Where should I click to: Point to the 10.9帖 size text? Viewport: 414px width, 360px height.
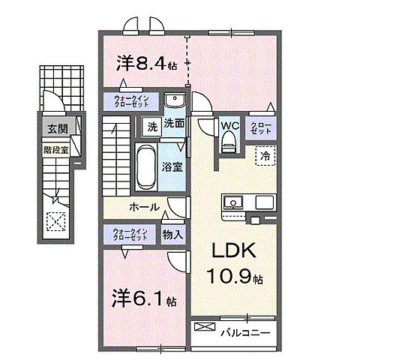(x=235, y=277)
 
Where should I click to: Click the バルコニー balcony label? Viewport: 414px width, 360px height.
(x=245, y=328)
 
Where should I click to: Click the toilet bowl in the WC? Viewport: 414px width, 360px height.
(x=229, y=142)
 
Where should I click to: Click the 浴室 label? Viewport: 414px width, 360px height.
(x=172, y=166)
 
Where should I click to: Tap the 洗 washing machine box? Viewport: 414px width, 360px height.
(x=152, y=126)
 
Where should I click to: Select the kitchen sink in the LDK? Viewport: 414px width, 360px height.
(x=233, y=202)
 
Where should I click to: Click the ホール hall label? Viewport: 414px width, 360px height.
(x=143, y=206)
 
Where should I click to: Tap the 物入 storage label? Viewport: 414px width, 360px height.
(x=173, y=234)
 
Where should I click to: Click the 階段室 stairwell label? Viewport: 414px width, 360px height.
(x=55, y=148)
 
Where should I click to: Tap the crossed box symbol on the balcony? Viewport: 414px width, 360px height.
(x=203, y=328)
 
